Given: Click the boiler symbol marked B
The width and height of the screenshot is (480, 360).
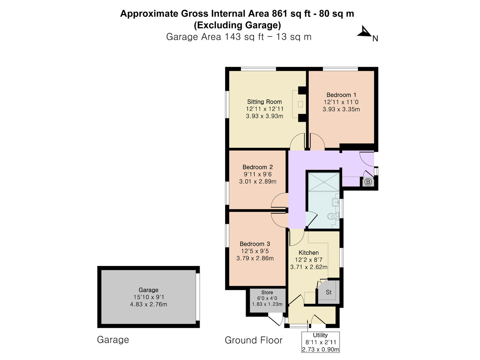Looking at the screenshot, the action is pyautogui.click(x=368, y=182).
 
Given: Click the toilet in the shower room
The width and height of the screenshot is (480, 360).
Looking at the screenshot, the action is pyautogui.click(x=333, y=216).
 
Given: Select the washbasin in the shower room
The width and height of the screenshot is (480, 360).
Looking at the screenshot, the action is pyautogui.click(x=336, y=202).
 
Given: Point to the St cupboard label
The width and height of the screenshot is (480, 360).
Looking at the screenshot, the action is pyautogui.click(x=329, y=292).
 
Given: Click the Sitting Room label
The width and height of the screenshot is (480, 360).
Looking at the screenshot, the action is pyautogui.click(x=264, y=102).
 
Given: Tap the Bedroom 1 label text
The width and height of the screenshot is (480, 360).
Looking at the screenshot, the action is pyautogui.click(x=341, y=95).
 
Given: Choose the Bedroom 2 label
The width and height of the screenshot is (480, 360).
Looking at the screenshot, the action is pyautogui.click(x=258, y=167).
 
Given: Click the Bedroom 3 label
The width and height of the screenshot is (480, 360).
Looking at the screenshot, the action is pyautogui.click(x=255, y=244).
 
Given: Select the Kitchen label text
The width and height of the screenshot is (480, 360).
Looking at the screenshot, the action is pyautogui.click(x=308, y=253).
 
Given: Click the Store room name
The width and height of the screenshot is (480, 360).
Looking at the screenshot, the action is pyautogui.click(x=267, y=292).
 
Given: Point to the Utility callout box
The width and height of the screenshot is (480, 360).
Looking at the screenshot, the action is pyautogui.click(x=320, y=342).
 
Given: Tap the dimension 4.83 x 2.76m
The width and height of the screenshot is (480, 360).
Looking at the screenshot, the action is pyautogui.click(x=148, y=304).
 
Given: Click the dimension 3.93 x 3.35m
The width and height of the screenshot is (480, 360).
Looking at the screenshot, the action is pyautogui.click(x=341, y=109).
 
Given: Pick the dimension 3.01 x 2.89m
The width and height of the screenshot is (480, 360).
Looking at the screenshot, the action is pyautogui.click(x=258, y=182).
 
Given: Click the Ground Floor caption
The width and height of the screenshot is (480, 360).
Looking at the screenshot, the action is pyautogui.click(x=254, y=340).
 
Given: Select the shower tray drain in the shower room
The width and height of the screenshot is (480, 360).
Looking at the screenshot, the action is pyautogui.click(x=324, y=181).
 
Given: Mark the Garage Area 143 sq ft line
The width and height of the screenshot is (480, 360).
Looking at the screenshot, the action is pyautogui.click(x=238, y=37).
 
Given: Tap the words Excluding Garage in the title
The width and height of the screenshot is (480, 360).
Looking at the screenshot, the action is pyautogui.click(x=237, y=25).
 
